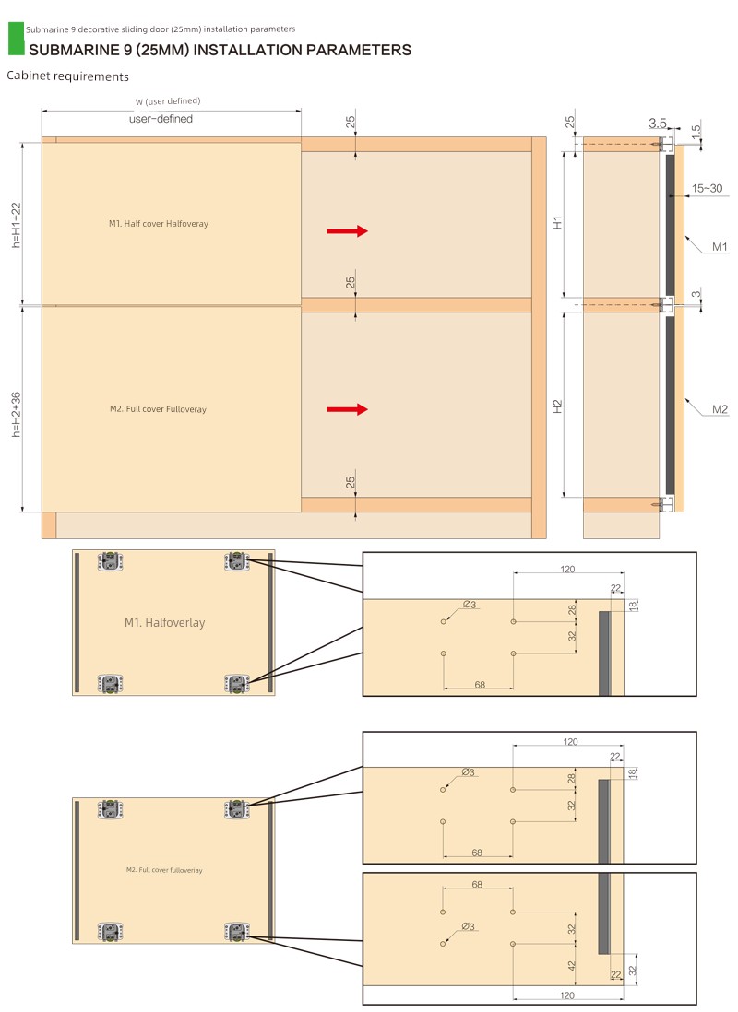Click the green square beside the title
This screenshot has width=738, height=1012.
(17, 39)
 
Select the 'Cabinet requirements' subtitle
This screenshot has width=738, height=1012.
(68, 76)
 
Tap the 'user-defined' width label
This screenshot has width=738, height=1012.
(161, 119)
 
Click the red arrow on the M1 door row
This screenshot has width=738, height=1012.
(347, 231)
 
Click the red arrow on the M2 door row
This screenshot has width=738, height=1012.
(347, 409)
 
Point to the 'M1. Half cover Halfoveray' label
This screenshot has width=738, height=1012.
(159, 223)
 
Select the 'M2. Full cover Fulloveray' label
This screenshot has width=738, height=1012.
(159, 409)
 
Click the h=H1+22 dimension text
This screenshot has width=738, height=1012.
(17, 225)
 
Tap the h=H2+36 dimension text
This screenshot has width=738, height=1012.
(17, 415)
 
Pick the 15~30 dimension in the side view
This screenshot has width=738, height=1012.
(707, 188)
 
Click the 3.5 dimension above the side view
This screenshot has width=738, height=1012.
(658, 124)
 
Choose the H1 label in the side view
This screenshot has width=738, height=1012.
(558, 223)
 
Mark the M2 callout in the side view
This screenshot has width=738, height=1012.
(720, 409)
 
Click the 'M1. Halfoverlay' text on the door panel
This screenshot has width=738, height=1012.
(165, 623)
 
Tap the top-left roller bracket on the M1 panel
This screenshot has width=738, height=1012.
(111, 561)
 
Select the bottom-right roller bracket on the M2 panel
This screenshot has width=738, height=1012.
(236, 932)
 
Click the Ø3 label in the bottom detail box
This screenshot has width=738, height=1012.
(469, 927)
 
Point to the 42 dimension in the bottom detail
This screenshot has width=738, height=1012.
(571, 966)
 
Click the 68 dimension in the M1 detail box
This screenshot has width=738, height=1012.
(480, 685)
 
